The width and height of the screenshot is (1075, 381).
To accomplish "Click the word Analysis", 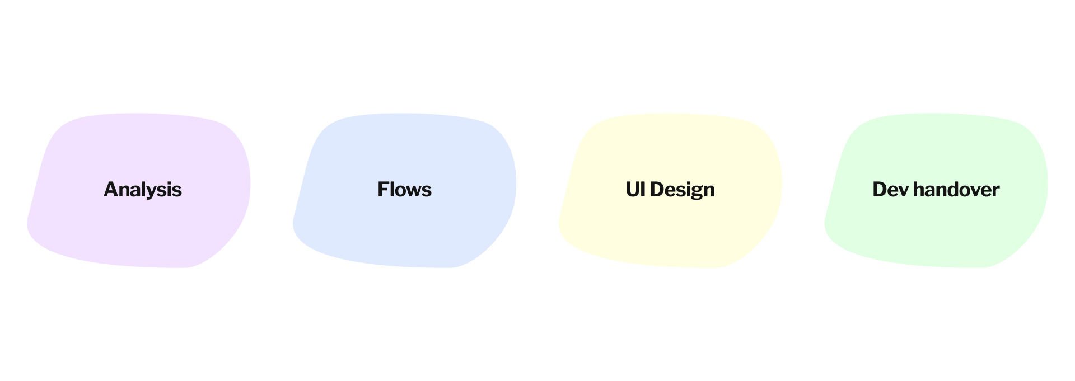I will [142, 190].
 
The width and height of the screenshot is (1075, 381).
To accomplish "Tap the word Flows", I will [404, 190].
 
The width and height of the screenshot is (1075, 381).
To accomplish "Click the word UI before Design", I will [635, 190].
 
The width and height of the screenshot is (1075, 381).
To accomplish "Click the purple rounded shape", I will [140, 235].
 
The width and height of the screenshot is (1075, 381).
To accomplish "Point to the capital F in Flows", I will [384, 190].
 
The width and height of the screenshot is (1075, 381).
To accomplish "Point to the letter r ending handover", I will [995, 191].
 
